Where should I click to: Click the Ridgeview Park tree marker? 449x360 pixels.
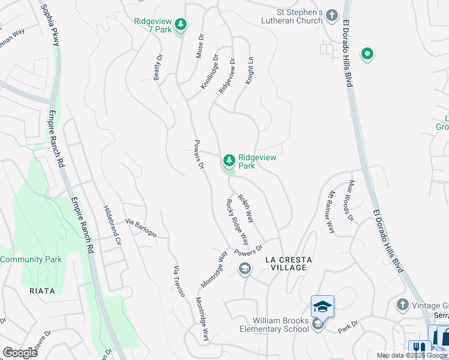click(228, 160)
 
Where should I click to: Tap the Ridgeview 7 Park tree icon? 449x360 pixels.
click(181, 25)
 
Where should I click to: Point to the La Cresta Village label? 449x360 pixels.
click(289, 263)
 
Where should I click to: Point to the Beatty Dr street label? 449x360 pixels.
click(158, 67)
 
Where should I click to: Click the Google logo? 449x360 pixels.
click(20, 353)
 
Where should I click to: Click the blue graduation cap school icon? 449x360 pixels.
click(322, 307)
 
